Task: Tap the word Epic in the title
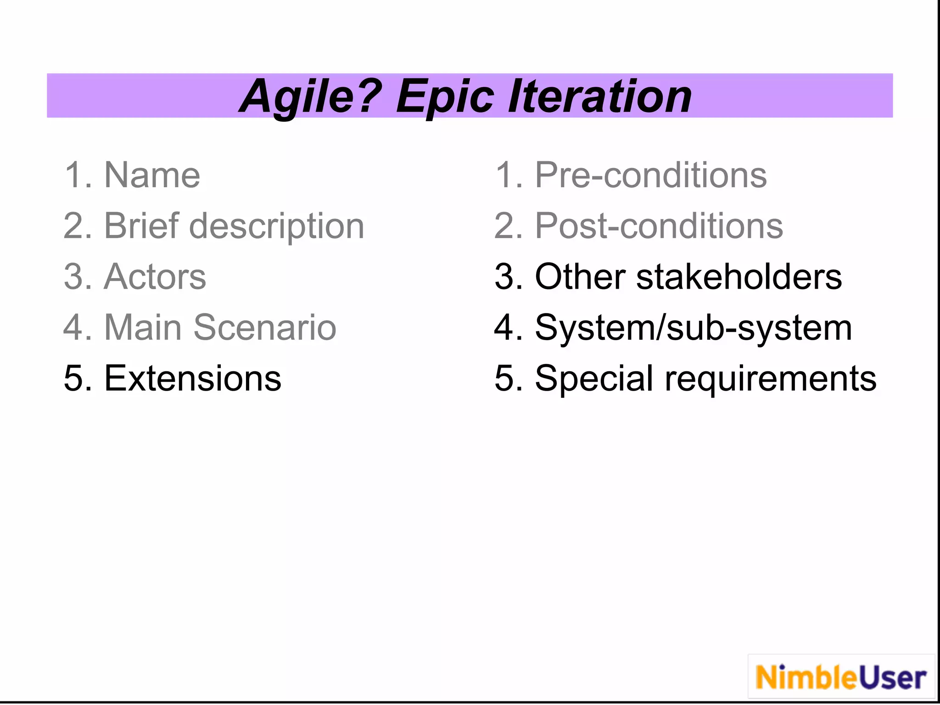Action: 445,97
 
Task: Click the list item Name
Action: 152,175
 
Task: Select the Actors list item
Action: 155,277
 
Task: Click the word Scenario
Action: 265,328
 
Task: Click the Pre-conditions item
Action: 650,175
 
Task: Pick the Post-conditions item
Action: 659,226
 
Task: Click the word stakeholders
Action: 739,277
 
